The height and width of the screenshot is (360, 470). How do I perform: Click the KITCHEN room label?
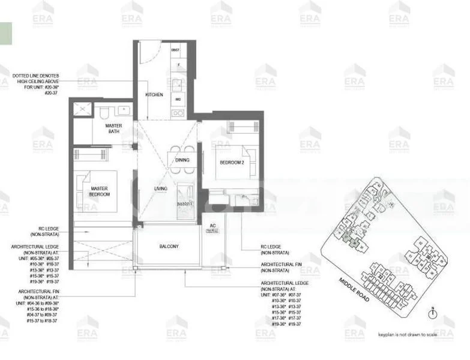(x=154, y=95)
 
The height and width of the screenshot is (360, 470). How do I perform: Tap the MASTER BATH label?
(x=113, y=128)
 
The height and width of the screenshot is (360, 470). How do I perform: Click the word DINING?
(x=182, y=160)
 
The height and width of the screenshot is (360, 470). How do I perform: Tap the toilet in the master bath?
(x=103, y=112)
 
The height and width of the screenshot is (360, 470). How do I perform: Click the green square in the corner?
(x=5, y=32)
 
